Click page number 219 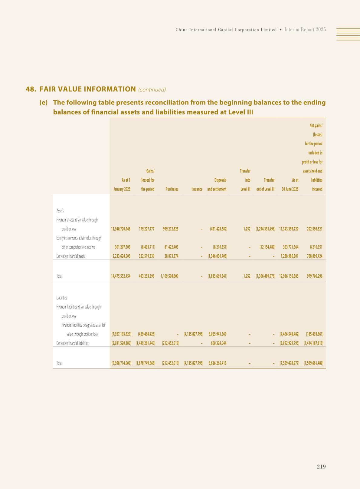(321, 467)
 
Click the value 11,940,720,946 (121, 229)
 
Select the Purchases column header (172, 189)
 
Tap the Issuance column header (197, 189)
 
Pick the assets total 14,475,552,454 (121, 276)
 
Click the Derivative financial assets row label (71, 256)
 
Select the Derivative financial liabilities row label (72, 343)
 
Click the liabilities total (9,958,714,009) (121, 363)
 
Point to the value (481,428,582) (218, 229)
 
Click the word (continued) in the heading (152, 90)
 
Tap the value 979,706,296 (314, 276)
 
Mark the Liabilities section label (62, 298)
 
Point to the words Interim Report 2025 (305, 30)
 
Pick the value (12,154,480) (267, 247)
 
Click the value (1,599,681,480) (313, 363)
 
